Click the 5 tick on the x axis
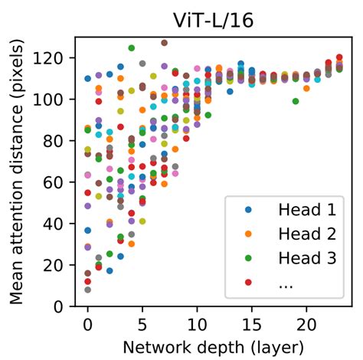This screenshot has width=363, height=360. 142,322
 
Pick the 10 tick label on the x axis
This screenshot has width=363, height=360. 197,322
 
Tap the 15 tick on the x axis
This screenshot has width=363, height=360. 251,322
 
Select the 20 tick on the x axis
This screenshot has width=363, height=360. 306,322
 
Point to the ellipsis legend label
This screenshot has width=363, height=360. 285,283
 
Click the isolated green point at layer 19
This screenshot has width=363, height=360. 296,101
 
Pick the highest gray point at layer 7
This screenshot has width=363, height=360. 164,43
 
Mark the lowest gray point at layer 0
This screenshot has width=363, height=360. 87,290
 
